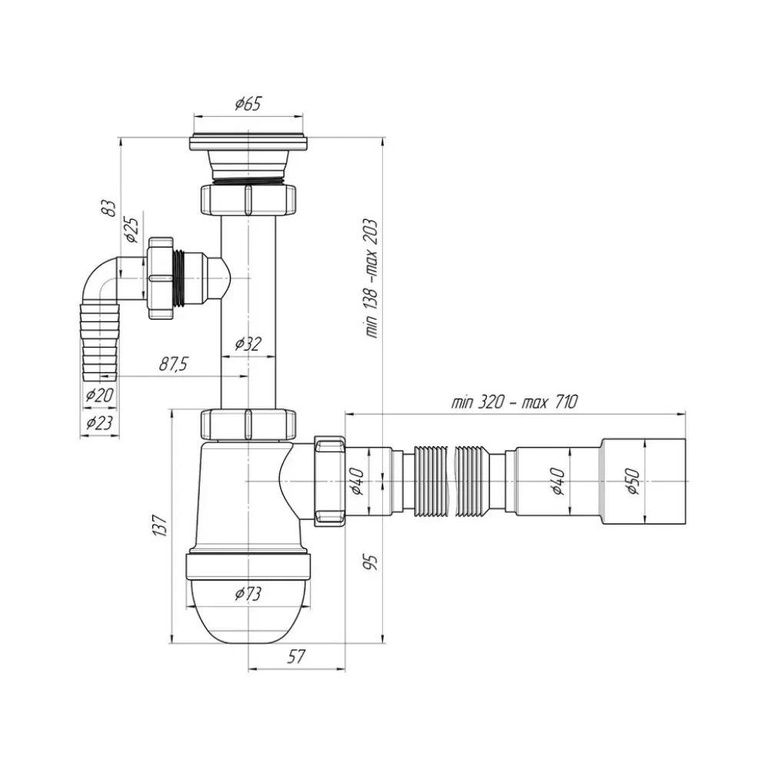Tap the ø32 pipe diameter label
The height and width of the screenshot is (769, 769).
pyautogui.click(x=248, y=344)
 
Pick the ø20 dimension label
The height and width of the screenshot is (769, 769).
pyautogui.click(x=99, y=395)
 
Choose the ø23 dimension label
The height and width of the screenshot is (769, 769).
pyautogui.click(x=99, y=422)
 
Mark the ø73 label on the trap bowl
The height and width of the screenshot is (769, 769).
pyautogui.click(x=248, y=593)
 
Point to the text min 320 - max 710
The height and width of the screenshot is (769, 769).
pyautogui.click(x=514, y=401)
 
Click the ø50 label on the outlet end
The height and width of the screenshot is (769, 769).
pyautogui.click(x=634, y=480)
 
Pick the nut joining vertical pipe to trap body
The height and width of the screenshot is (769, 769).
pyautogui.click(x=248, y=423)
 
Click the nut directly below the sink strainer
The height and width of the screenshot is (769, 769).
pyautogui.click(x=248, y=199)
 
